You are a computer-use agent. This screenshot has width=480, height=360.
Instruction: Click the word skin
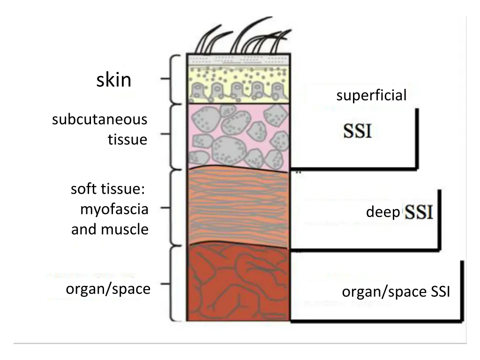pos(113,81)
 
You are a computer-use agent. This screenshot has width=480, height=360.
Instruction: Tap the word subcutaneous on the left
pos(99,120)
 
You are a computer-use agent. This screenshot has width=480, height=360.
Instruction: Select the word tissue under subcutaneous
pos(127,140)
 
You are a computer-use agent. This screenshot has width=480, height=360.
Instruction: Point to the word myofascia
pos(114,210)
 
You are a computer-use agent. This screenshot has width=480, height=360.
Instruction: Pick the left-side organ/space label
pos(108,289)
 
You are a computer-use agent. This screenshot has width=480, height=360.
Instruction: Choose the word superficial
pos(371,96)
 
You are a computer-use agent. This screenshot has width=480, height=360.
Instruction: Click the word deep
pos(382,213)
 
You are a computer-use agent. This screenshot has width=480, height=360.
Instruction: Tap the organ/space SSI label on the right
pos(396,292)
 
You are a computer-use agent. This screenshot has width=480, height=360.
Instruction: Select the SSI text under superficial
pos(357,131)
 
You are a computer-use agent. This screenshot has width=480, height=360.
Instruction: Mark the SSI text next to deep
pos(419,212)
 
